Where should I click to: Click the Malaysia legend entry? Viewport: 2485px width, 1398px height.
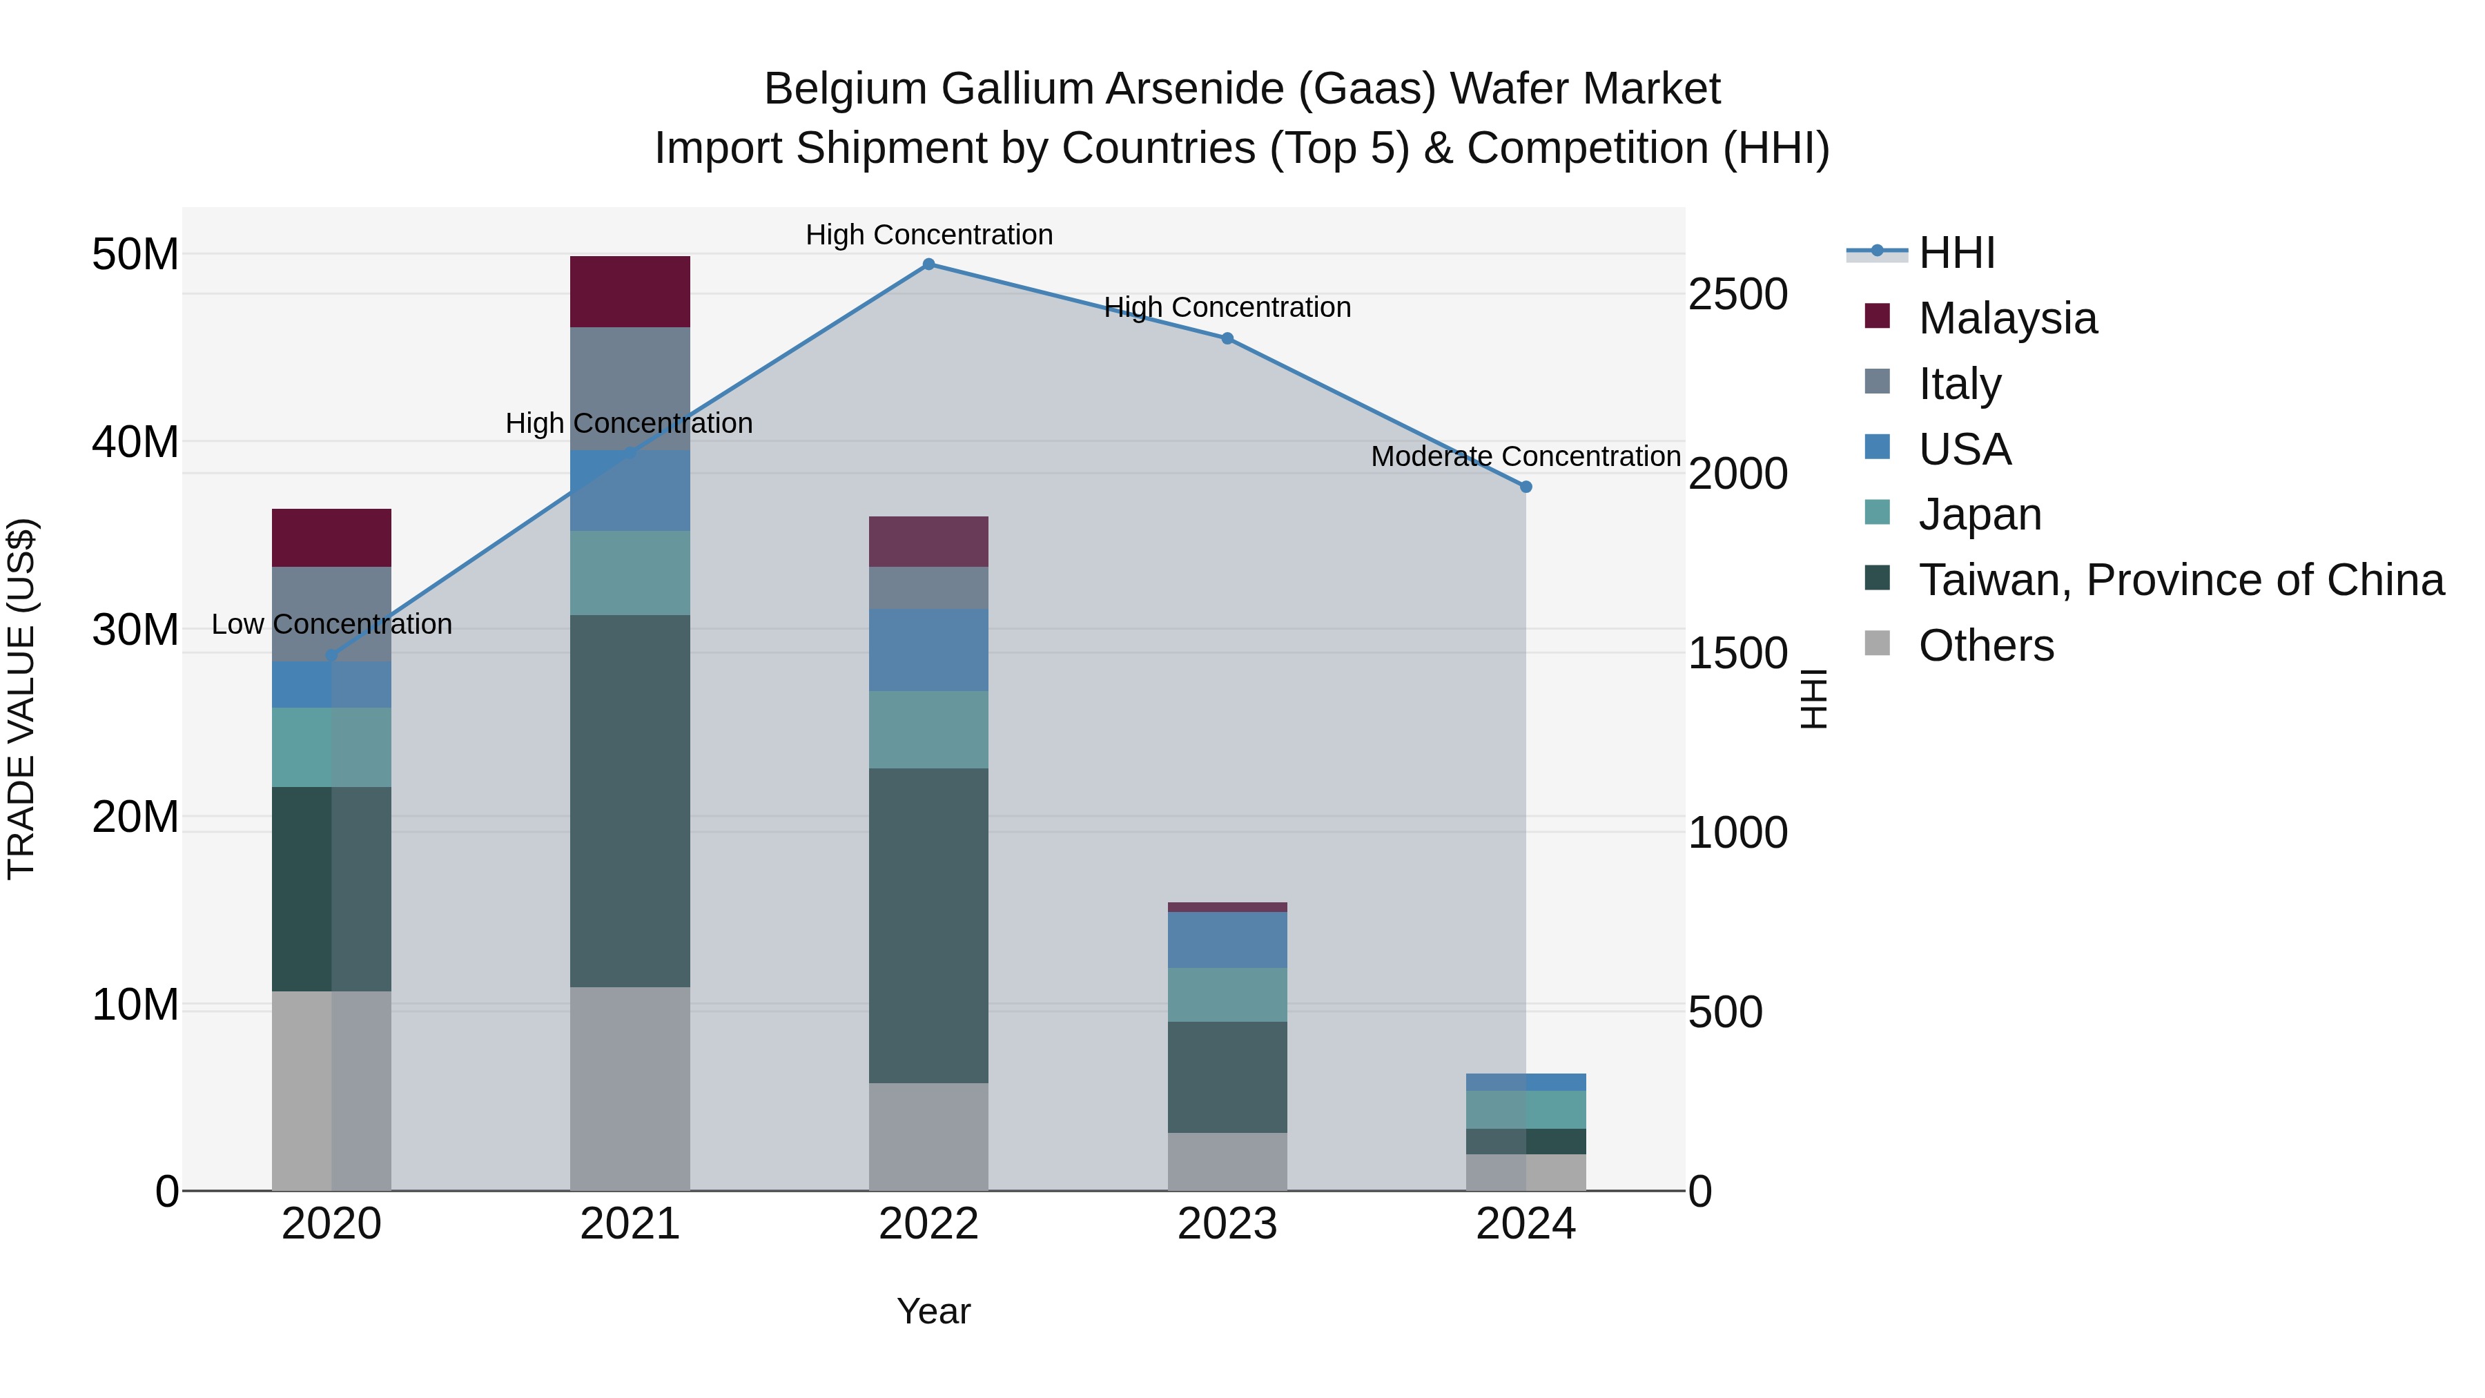[2007, 318]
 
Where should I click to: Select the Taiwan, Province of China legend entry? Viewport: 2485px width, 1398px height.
[2180, 580]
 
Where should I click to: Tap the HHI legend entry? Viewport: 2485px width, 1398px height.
[1956, 253]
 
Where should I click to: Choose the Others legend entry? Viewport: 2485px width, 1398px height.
[1985, 645]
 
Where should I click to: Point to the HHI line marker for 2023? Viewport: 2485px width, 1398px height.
[1227, 339]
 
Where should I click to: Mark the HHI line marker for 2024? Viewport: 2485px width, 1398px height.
[1525, 487]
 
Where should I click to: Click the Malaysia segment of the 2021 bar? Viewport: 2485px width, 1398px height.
[630, 291]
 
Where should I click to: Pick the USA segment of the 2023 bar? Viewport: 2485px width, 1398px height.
[1227, 939]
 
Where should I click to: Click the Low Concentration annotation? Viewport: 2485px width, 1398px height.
[332, 624]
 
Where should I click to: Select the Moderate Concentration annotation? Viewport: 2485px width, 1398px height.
[1525, 456]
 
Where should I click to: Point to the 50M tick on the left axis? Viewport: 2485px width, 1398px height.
[135, 255]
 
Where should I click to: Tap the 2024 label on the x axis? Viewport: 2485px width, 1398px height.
[1525, 1224]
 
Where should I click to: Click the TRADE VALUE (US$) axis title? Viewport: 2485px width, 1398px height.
[22, 699]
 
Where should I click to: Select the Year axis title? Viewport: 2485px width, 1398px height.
[933, 1311]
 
